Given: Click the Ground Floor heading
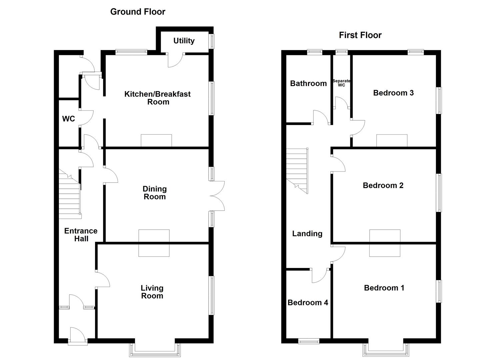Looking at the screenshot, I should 138,12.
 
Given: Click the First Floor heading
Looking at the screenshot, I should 360,35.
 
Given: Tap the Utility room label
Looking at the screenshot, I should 184,41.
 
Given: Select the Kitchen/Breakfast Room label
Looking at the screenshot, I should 157,98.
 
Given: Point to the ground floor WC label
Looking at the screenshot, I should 68,119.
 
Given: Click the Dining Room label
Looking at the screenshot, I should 154,193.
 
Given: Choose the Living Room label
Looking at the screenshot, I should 152,292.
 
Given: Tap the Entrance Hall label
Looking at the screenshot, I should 81,235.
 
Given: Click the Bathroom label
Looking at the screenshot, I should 308,83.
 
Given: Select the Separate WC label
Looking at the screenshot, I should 341,83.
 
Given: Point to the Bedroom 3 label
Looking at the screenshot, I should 393,93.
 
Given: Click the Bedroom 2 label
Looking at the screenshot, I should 383,185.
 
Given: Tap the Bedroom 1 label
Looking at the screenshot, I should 384,288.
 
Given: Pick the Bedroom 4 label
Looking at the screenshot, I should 308,303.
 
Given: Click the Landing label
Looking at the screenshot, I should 307,234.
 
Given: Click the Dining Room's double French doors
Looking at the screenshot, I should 217,196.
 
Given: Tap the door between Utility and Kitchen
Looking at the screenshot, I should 175,60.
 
